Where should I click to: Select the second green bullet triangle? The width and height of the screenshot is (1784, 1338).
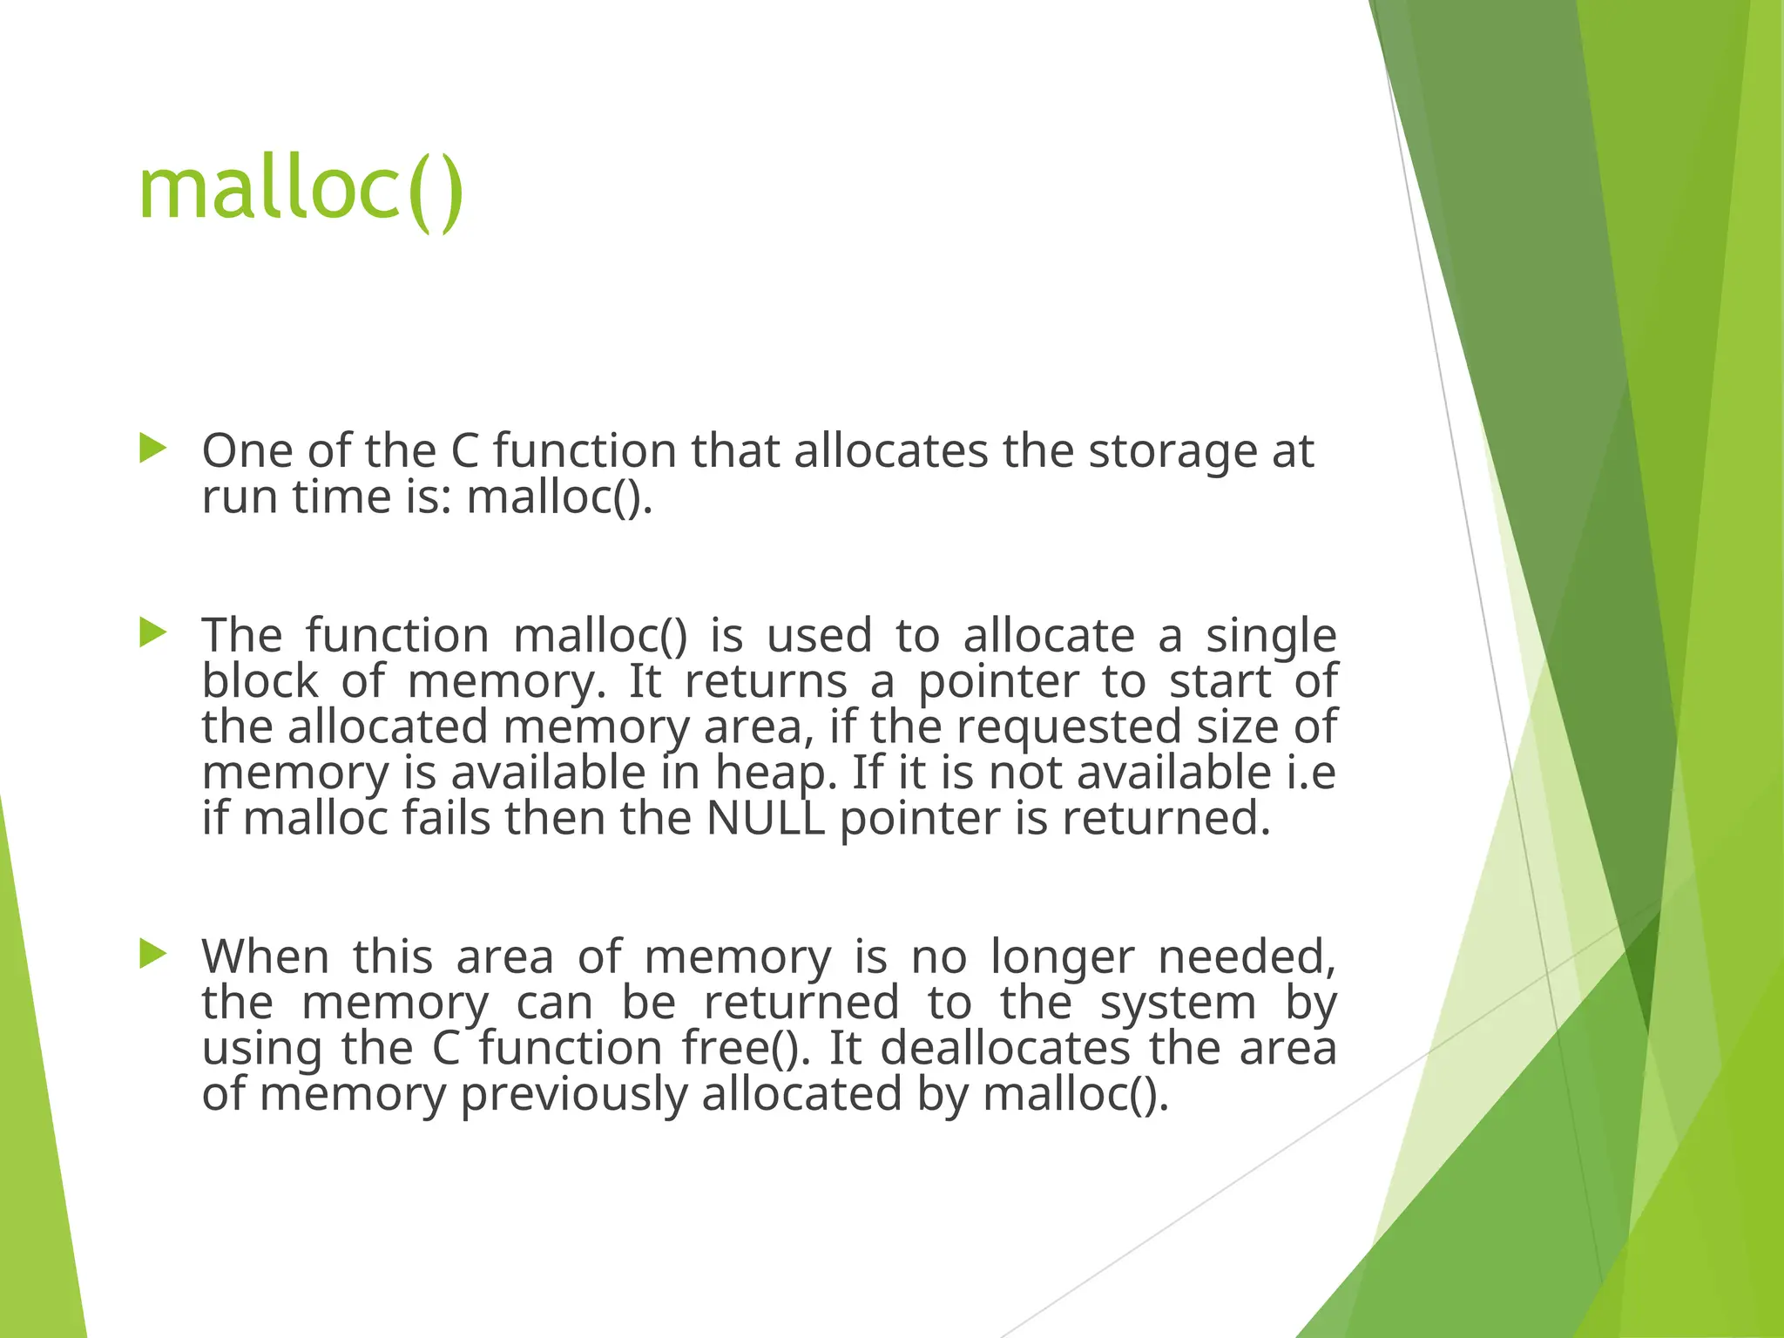click(152, 632)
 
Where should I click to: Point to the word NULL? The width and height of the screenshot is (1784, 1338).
click(765, 819)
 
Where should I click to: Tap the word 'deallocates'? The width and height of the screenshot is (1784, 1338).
click(1005, 1048)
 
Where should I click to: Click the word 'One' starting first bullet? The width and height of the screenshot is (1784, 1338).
click(247, 451)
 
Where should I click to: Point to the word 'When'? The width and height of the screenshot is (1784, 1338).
click(266, 957)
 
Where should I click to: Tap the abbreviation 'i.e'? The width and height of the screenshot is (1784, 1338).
click(1311, 773)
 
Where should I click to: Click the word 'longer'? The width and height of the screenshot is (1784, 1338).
click(1063, 958)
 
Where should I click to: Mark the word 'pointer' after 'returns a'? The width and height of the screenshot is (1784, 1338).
click(998, 682)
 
